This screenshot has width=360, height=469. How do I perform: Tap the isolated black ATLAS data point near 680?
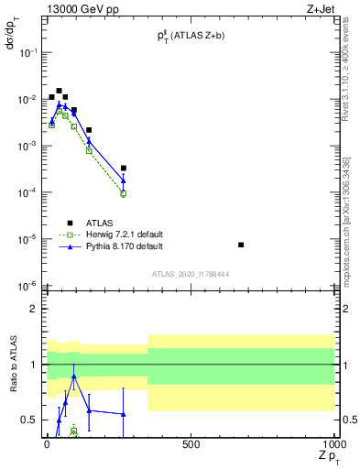tap(240, 245)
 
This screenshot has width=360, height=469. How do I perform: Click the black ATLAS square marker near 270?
tap(124, 168)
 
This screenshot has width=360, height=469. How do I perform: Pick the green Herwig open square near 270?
tap(124, 193)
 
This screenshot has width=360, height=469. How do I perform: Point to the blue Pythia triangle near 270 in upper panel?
tap(124, 180)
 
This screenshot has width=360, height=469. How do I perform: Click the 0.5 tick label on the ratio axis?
tap(28, 420)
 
